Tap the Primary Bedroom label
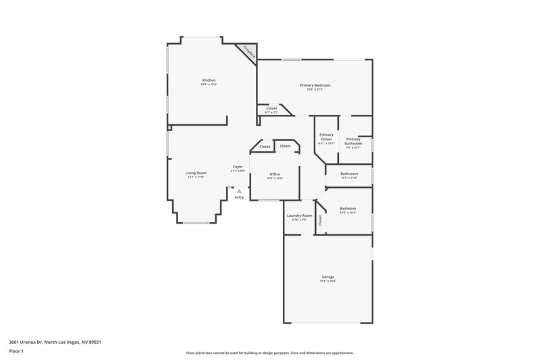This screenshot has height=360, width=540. tap(315, 85)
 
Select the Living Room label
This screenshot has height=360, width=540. tap(196, 173)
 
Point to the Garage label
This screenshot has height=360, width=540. tap(328, 278)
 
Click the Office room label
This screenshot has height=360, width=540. tap(275, 174)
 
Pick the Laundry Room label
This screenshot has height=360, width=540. tap(299, 215)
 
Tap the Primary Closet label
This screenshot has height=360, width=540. tap(327, 136)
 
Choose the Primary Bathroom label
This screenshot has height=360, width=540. tap(354, 141)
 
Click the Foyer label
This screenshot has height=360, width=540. tap(238, 167)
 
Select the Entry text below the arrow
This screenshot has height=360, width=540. tap(239, 197)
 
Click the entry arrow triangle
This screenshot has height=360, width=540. tap(239, 191)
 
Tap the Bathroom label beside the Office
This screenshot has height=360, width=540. tap(349, 174)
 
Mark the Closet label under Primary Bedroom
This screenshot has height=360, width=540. tap(271, 108)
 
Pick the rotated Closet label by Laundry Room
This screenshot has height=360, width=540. tap(320, 220)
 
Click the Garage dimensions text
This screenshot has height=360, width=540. tap(328, 282)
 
